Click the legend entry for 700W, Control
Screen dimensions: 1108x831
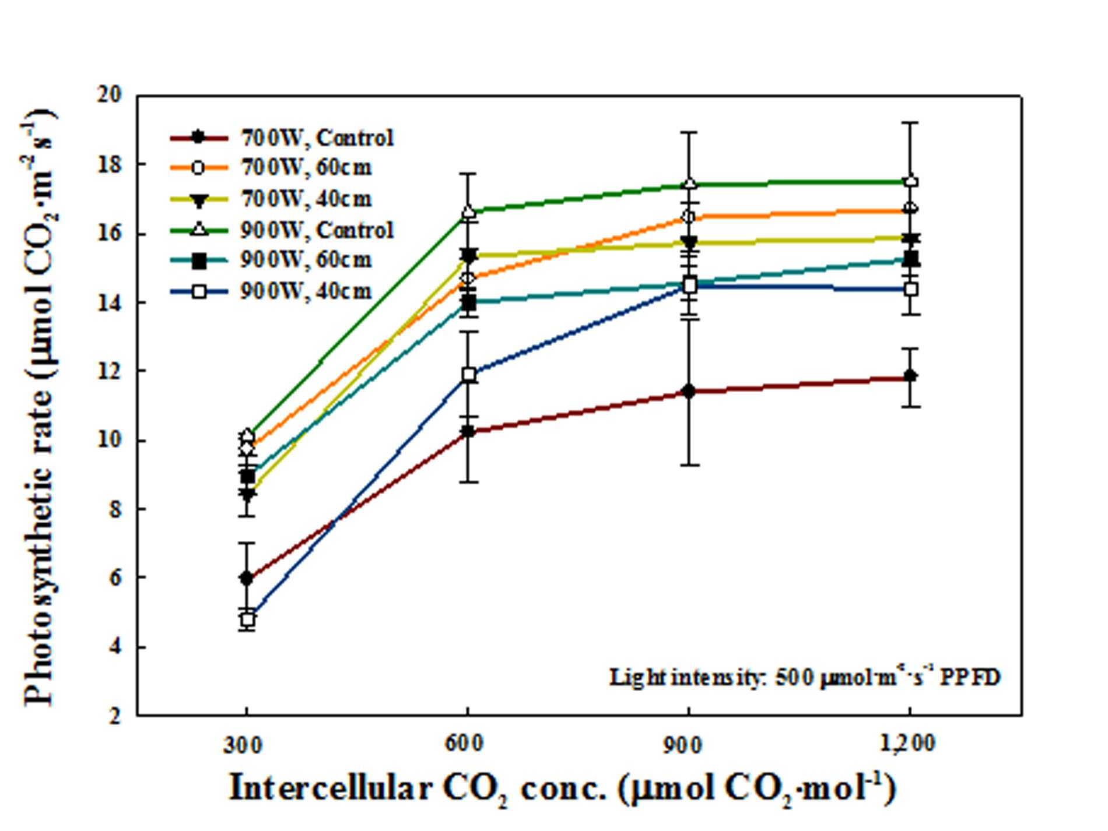(282, 138)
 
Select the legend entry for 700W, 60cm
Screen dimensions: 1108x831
(271, 168)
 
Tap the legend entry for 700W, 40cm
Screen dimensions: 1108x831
(271, 199)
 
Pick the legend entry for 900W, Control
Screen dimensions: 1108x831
(282, 230)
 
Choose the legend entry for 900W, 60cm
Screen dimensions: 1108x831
(271, 260)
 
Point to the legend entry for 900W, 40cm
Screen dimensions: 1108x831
(271, 291)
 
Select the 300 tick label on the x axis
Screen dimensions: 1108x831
(243, 745)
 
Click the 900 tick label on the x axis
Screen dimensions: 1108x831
(683, 745)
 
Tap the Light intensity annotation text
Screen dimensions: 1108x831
(805, 677)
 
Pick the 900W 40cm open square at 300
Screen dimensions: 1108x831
(248, 619)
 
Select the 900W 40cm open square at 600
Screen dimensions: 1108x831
(469, 375)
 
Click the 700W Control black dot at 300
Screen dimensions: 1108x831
(247, 578)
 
